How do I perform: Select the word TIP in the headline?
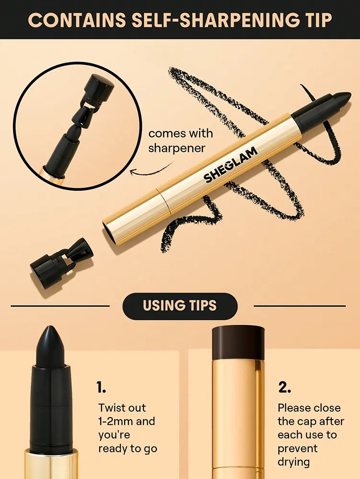[x=314, y=20]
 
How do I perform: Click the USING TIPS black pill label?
[x=180, y=306]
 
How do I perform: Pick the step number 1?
[x=101, y=387]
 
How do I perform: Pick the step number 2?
[x=285, y=387]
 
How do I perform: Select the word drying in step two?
[x=294, y=462]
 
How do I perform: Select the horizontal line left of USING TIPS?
[x=60, y=306]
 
